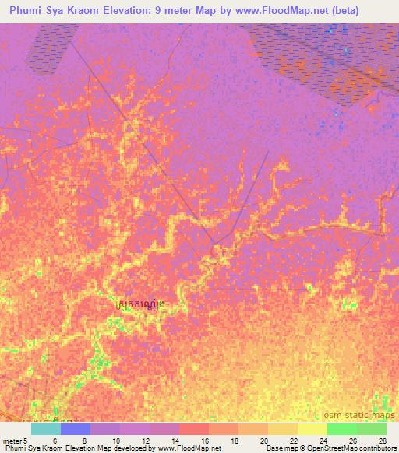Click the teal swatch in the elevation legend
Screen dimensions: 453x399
point(46,429)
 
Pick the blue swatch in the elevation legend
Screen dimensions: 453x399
point(76,429)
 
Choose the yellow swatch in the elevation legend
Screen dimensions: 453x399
point(312,429)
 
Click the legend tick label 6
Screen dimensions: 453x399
point(55,441)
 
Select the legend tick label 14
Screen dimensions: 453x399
point(175,441)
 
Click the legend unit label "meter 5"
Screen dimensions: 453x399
point(16,441)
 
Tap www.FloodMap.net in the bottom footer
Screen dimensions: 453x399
point(189,448)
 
